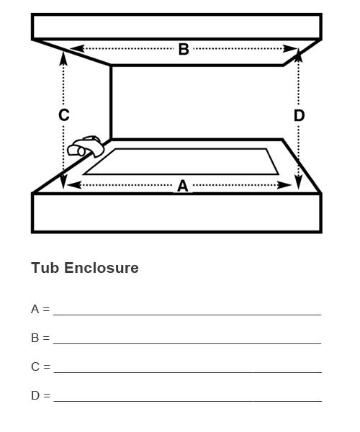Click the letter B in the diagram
(x=184, y=49)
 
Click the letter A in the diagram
(x=183, y=186)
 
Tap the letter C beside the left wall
(x=64, y=115)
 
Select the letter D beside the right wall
(x=299, y=115)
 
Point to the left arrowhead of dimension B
(x=77, y=48)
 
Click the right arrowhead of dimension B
(x=291, y=49)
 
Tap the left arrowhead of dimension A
(x=74, y=185)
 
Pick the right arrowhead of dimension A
(x=284, y=185)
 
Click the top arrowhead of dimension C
(x=63, y=58)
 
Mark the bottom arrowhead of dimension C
(x=63, y=182)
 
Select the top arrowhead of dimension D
(x=299, y=55)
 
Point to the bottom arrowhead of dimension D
(x=299, y=182)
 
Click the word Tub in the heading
(x=45, y=268)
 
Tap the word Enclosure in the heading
(x=102, y=268)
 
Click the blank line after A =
(x=187, y=315)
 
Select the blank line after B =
(x=187, y=343)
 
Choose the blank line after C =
(x=188, y=372)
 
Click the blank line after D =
(x=188, y=401)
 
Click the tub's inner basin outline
(x=181, y=174)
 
